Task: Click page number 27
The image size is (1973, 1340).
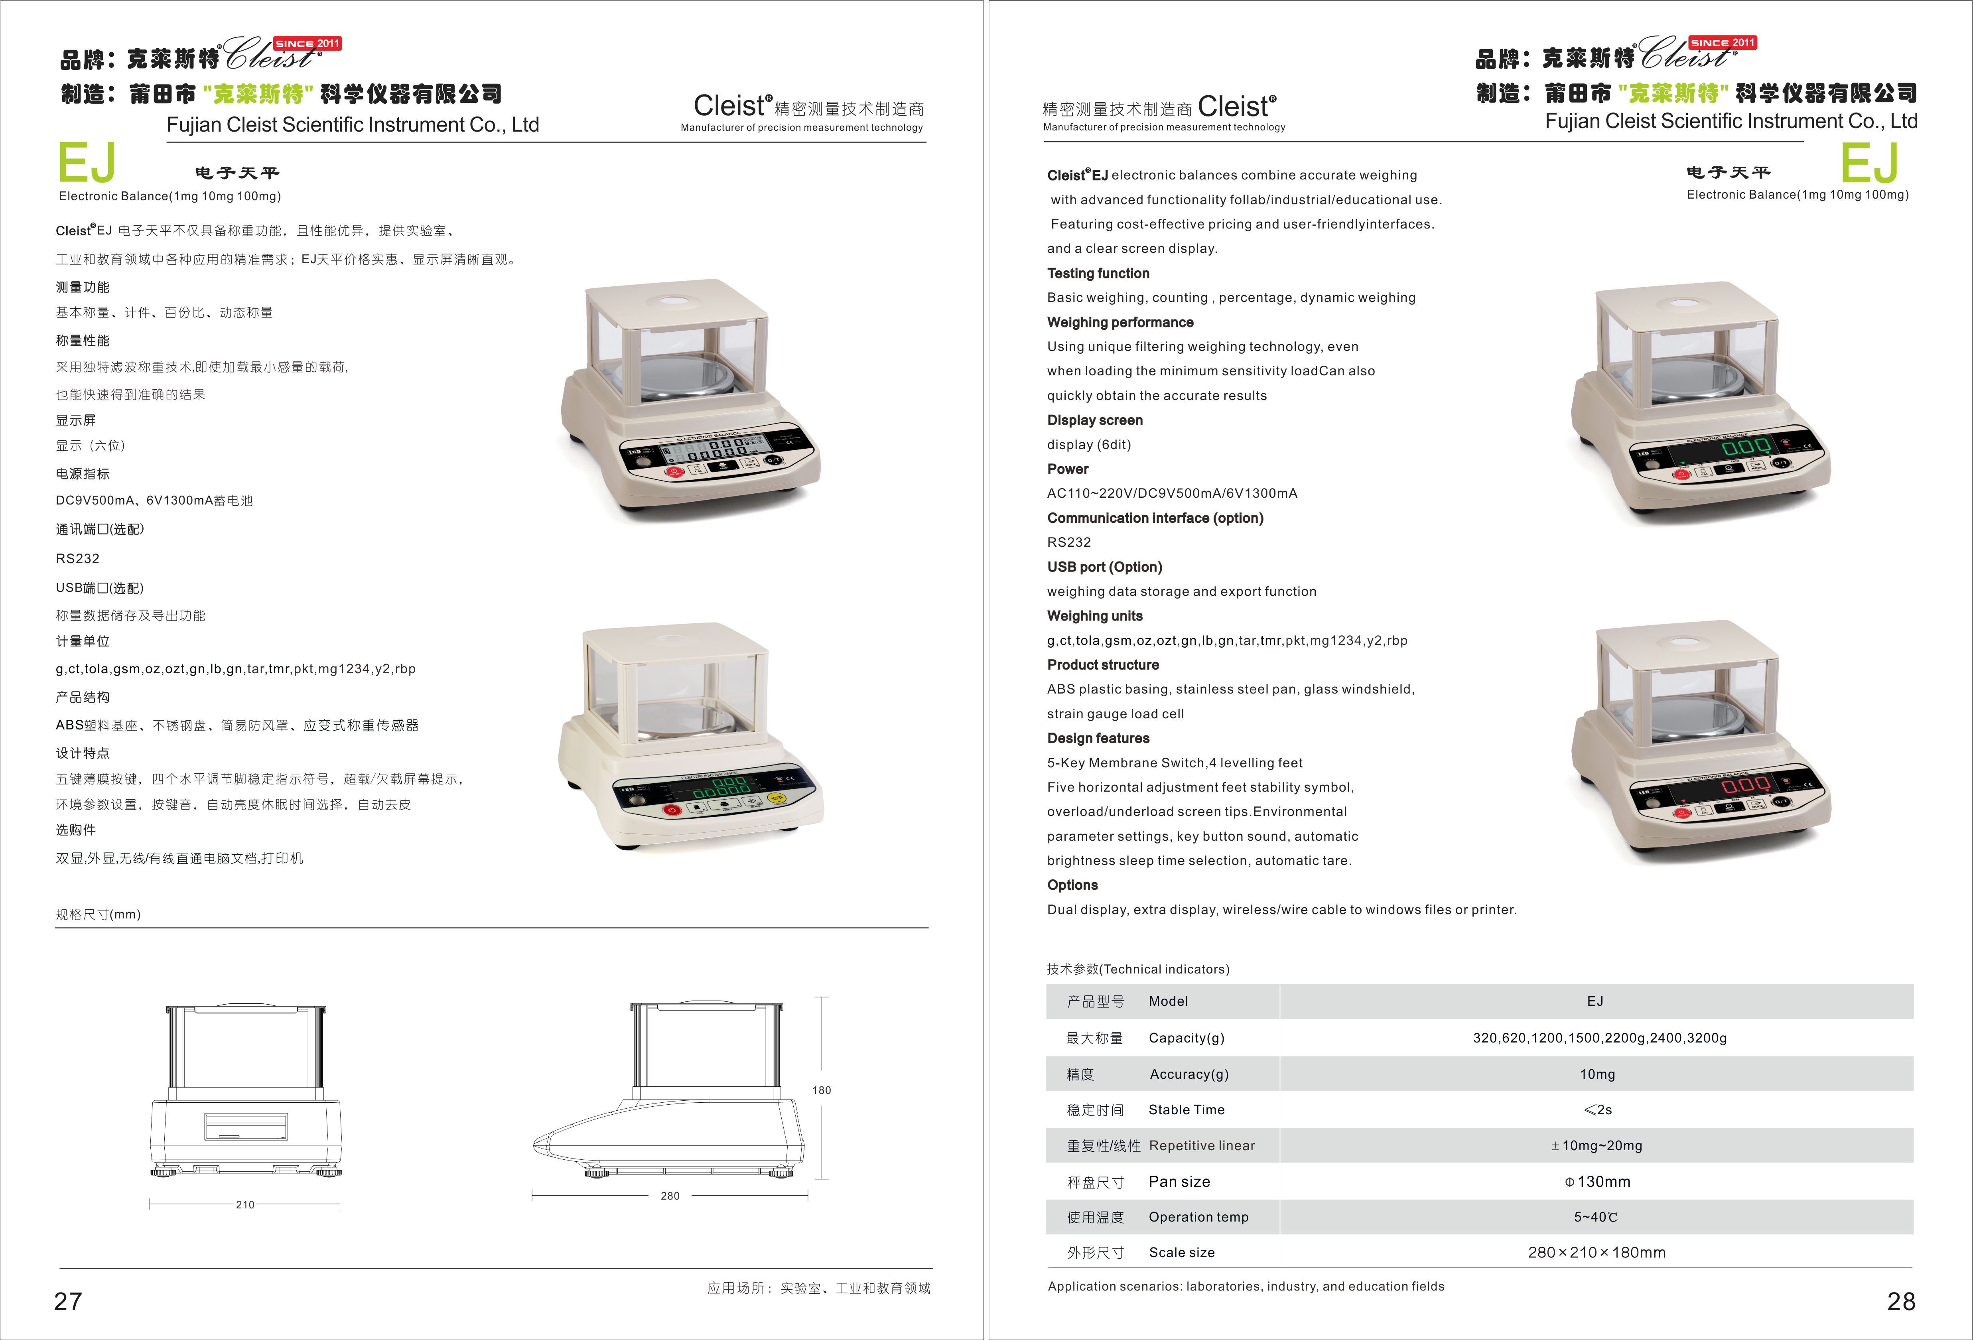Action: [x=68, y=1301]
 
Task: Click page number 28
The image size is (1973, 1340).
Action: [x=1901, y=1301]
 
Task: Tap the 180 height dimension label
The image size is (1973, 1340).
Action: [x=821, y=1090]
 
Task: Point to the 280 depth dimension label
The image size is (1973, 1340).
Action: [x=670, y=1196]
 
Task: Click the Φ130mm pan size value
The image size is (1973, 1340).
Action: [x=1597, y=1181]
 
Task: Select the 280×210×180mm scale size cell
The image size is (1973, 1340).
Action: [x=1596, y=1252]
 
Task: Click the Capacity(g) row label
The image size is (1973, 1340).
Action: [x=1186, y=1038]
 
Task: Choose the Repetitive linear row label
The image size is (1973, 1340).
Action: [x=1201, y=1145]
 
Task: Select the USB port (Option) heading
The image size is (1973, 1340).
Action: [x=1104, y=566]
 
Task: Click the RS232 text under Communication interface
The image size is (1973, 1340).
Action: [x=1069, y=542]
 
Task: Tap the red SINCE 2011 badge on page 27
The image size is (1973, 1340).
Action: [x=307, y=43]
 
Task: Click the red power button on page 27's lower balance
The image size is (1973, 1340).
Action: [x=672, y=810]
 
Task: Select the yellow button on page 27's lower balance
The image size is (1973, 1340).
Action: [x=776, y=798]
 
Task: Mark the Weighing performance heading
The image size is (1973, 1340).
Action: [x=1120, y=322]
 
